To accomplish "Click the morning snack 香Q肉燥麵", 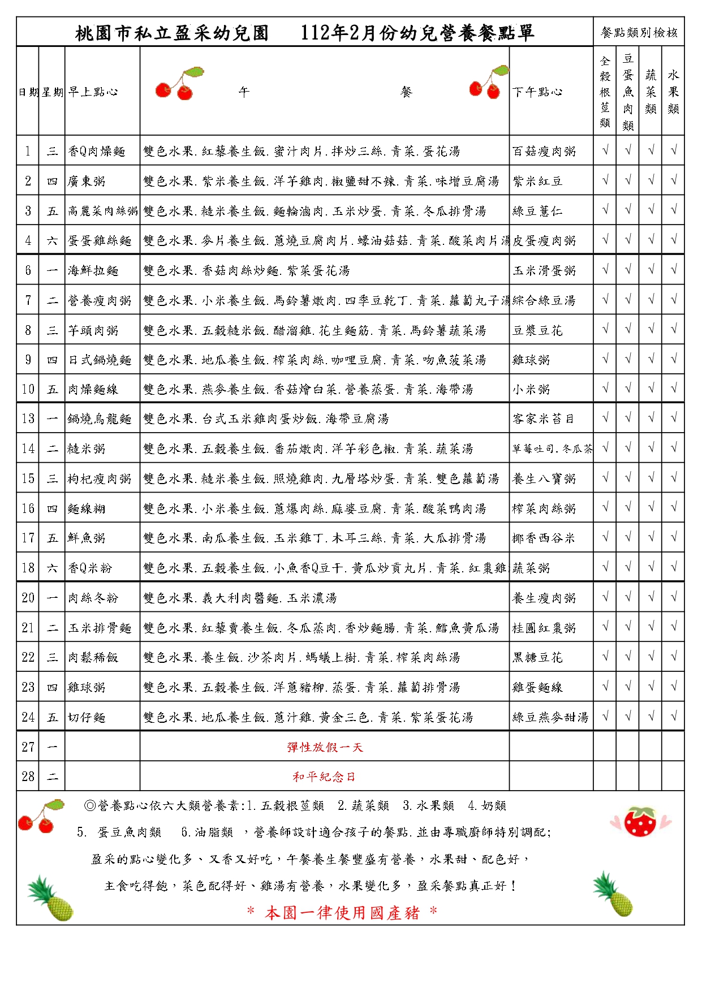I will pos(97,151).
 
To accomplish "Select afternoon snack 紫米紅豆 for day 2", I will pos(537,181).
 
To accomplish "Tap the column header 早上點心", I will pos(93,92).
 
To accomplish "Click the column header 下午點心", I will pos(537,92).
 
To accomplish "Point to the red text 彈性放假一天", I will pos(325,747).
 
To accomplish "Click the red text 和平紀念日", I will pos(324,777).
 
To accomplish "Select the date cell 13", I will pos(28,419).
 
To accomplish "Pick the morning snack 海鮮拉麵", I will pos(93,271).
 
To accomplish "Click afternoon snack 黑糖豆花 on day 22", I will pos(537,657).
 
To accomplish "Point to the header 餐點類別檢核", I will pos(639,32).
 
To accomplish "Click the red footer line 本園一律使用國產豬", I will pos(342,912).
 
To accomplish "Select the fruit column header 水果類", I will pos(673,92).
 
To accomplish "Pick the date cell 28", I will pos(28,777).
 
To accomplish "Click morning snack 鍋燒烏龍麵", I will pos(100,419).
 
